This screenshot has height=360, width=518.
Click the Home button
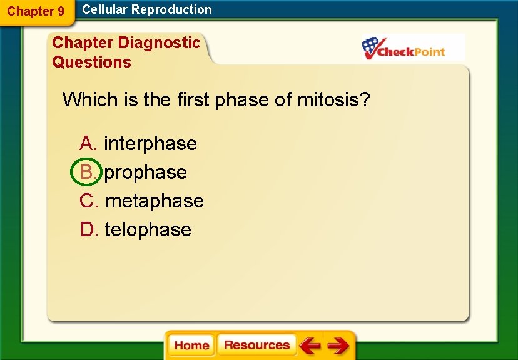pos(191,346)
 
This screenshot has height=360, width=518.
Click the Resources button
pos(256,346)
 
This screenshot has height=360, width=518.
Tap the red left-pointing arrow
pos(309,346)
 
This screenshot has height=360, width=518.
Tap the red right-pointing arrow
pos(338,346)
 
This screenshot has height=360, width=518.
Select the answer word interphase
pos(150,144)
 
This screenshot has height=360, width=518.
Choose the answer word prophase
pos(145,172)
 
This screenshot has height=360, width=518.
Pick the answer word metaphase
pos(154,201)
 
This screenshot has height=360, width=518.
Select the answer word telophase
pos(148,230)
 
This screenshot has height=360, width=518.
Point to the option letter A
pos(88,144)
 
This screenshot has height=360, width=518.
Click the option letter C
pos(88,201)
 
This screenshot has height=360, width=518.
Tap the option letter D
pos(88,230)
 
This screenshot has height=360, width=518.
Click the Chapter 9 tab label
pos(36,11)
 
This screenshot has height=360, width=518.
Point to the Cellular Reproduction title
pos(147,9)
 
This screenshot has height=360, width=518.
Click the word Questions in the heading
pos(91,62)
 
